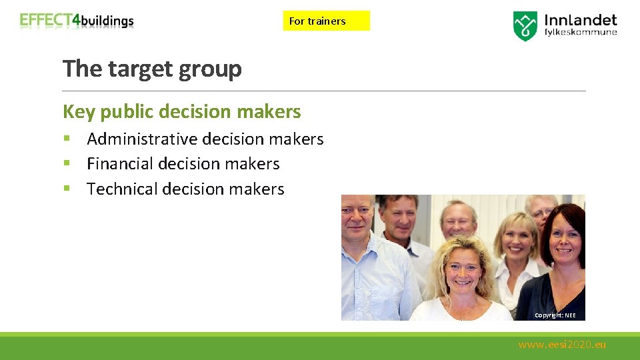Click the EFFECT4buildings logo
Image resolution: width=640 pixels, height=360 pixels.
[x=77, y=21]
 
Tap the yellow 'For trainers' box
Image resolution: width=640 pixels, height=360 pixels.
[x=326, y=21]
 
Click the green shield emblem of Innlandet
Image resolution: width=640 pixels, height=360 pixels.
[x=525, y=26]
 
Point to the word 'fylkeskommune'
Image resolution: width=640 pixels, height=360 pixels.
[x=581, y=32]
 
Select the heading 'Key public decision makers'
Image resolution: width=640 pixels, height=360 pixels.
[x=181, y=111]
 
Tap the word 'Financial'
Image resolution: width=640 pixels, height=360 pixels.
[x=122, y=163]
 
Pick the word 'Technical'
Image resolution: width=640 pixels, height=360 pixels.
[x=122, y=189]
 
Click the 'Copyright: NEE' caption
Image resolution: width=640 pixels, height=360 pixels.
[x=555, y=315]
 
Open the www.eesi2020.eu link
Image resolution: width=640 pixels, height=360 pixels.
[x=562, y=345]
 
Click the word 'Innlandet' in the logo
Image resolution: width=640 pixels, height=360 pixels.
[x=581, y=20]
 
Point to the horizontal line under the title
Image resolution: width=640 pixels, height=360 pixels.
[x=324, y=91]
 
